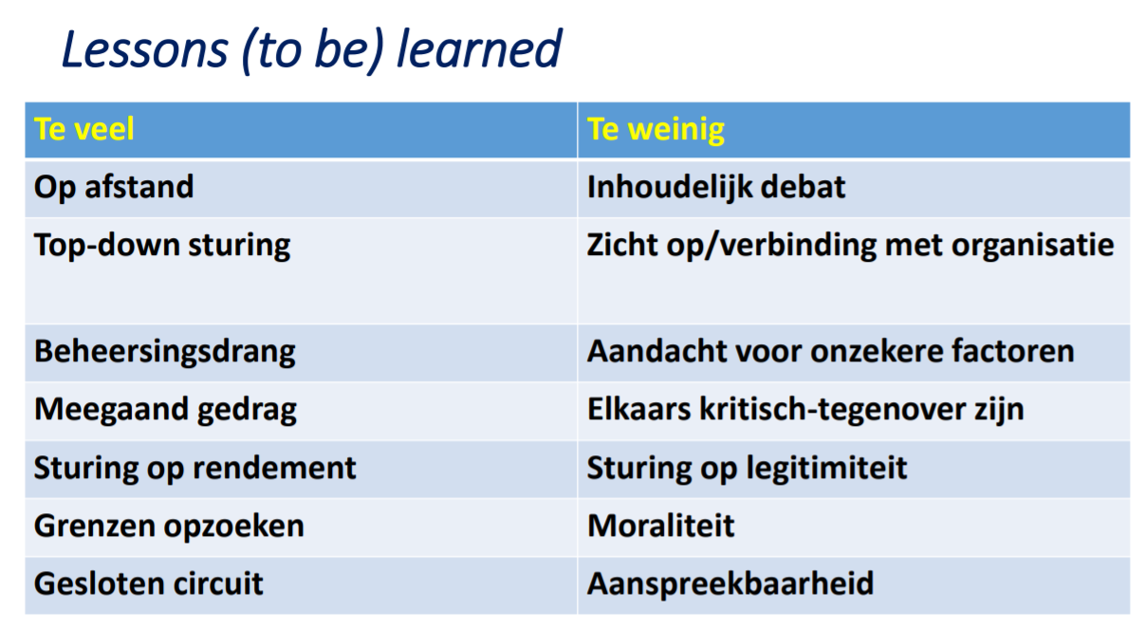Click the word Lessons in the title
click(x=145, y=49)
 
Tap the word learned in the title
click(x=479, y=48)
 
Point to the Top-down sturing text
click(x=162, y=246)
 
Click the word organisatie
click(x=1032, y=246)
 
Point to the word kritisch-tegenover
click(x=832, y=410)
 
